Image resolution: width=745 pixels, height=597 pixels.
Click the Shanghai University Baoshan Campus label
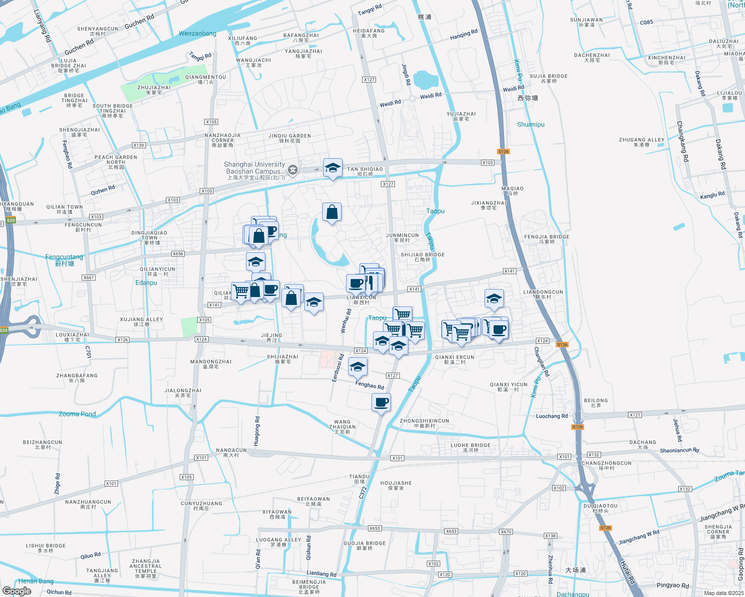coord(254,168)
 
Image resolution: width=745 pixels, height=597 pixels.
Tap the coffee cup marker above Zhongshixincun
coord(381,402)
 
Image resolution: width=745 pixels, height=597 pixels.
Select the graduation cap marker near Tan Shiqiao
coord(332,168)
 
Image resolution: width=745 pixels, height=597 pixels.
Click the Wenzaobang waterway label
coord(198,34)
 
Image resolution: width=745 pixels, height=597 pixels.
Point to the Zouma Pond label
coord(77,414)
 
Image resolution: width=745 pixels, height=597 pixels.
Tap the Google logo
coord(16,591)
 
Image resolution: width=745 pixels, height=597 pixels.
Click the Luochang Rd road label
coord(552,416)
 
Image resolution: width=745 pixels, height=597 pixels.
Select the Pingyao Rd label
coord(673,585)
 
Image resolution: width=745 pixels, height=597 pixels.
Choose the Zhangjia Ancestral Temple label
coord(145,566)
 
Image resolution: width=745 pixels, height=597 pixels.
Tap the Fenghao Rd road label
coord(370,385)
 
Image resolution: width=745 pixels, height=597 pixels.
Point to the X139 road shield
coord(138,145)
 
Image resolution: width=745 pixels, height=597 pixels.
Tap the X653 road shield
coord(374,528)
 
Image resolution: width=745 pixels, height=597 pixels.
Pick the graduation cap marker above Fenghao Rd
coord(357,367)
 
